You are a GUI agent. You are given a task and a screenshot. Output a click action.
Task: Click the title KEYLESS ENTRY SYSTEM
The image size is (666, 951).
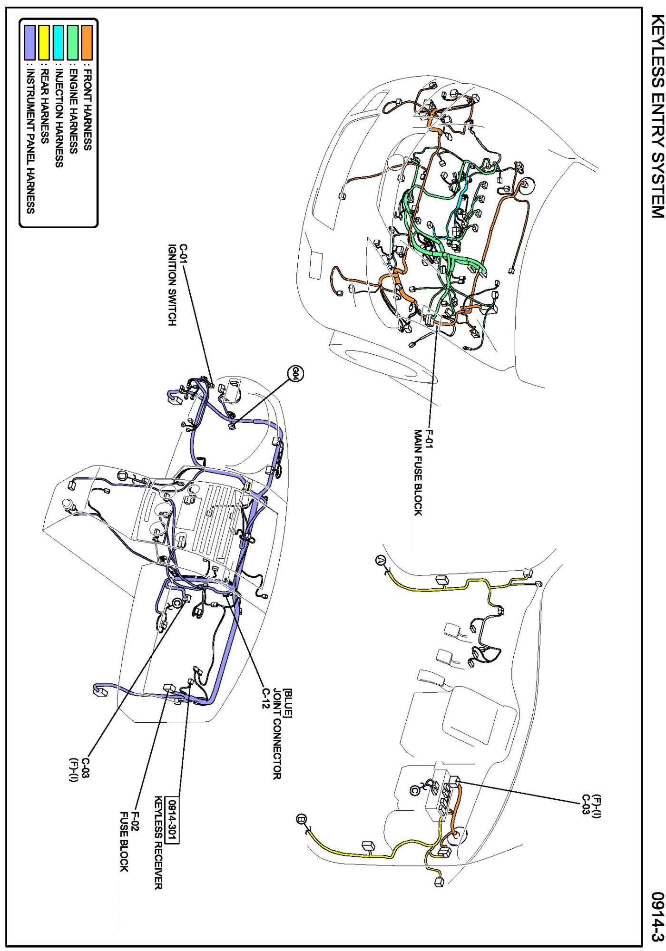[657, 116]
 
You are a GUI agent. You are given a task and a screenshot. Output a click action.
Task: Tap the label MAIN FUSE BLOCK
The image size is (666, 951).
[418, 473]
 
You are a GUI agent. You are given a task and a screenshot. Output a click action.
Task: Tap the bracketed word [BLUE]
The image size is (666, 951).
[288, 703]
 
